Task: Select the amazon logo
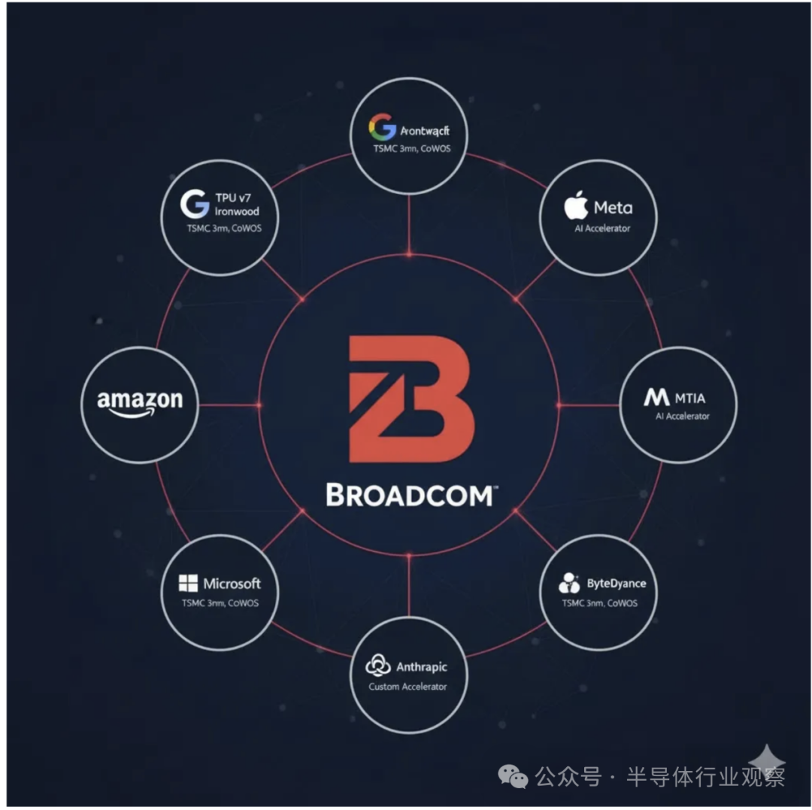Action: click(140, 402)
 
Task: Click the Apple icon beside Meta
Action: click(576, 207)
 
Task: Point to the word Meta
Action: click(613, 208)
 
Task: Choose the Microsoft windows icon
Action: click(188, 584)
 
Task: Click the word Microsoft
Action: click(232, 584)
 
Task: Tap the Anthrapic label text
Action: click(421, 667)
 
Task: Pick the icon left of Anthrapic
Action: click(377, 666)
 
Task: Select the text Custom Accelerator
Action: click(408, 687)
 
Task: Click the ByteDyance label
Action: click(616, 584)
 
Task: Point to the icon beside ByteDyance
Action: click(569, 583)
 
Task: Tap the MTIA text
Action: click(690, 399)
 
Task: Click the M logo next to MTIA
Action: click(656, 398)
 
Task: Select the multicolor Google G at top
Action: click(382, 127)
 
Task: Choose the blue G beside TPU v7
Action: click(195, 204)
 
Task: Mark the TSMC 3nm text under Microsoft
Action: click(220, 603)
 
